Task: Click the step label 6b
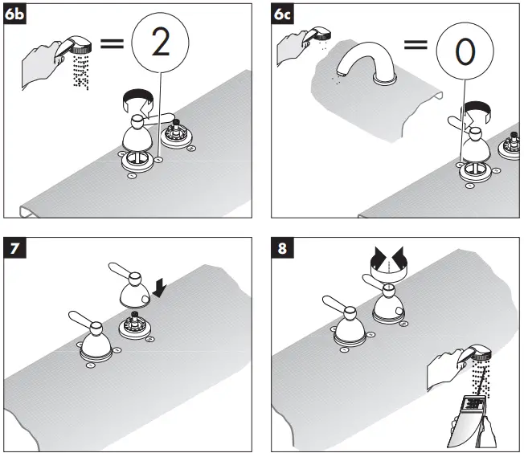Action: (x=14, y=14)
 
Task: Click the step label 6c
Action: (x=282, y=14)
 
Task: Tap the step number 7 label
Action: (x=14, y=248)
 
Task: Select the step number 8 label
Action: (x=282, y=248)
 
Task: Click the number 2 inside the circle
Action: (x=161, y=42)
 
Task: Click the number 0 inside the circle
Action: (x=465, y=51)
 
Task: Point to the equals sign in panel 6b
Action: (x=113, y=43)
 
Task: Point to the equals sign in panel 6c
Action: (x=416, y=45)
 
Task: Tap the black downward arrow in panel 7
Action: (x=160, y=288)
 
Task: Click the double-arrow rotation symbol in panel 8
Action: (x=389, y=263)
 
